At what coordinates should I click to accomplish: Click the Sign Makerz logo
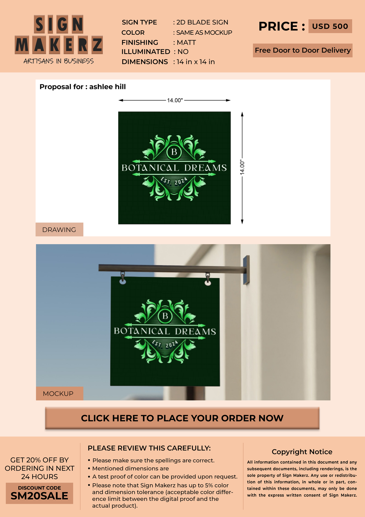point(59,39)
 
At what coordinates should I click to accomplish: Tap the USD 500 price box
point(330,26)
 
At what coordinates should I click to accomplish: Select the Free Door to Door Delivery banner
point(303,50)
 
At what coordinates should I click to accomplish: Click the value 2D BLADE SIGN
point(202,22)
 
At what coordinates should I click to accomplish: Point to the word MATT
point(186,43)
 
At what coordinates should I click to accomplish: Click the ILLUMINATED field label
point(146,52)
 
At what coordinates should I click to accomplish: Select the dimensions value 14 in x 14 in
point(196,62)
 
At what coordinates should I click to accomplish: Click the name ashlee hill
point(107,87)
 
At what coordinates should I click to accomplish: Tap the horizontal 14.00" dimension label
point(175,100)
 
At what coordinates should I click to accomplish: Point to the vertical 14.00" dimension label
point(242,167)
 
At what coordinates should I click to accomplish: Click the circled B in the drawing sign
point(174,152)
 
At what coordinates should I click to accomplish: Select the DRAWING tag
point(59,230)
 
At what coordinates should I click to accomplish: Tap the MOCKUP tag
point(59,393)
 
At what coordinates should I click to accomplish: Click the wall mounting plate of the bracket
point(246,270)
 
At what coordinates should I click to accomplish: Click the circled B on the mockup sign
point(165,316)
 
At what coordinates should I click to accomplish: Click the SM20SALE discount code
point(39,496)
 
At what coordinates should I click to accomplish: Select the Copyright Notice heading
point(302,452)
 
